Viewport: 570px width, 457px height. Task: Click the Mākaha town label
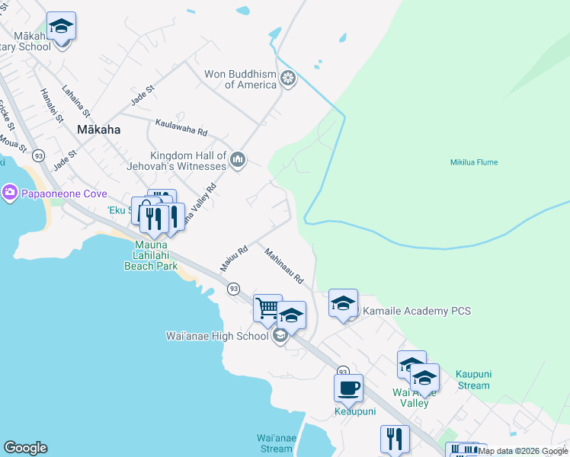pos(98,129)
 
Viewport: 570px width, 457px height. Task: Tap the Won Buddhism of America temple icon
pos(288,78)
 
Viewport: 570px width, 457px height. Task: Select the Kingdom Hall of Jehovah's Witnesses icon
pos(238,159)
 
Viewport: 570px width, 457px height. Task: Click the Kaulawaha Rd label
pos(181,126)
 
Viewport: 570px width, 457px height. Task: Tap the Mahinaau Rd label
pos(284,266)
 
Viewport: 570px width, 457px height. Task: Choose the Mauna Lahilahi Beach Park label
pos(151,256)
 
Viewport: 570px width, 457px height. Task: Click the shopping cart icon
pos(267,308)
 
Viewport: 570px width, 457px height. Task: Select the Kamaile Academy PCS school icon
pos(343,303)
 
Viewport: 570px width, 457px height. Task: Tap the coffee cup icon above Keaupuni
pos(348,388)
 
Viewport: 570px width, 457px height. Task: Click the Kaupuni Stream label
pos(472,379)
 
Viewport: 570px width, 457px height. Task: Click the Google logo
pos(25,448)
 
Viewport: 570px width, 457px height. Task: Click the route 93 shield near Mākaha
pos(39,155)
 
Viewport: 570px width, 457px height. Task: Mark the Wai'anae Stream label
pos(275,443)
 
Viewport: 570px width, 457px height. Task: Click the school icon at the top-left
pos(61,27)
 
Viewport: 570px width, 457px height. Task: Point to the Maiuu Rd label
pos(235,256)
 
